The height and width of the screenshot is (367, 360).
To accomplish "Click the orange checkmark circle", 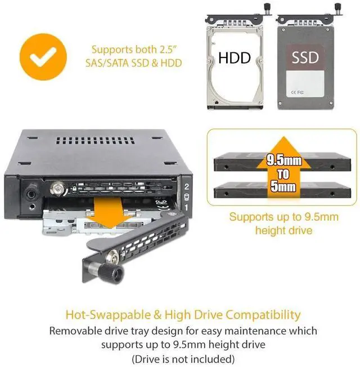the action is (43, 57).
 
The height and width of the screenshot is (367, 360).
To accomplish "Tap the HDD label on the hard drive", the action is (235, 57).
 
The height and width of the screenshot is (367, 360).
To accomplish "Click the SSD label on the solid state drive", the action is (305, 57).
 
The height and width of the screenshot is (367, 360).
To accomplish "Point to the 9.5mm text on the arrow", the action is (284, 160).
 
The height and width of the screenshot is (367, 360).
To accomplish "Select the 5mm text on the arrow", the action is (283, 186).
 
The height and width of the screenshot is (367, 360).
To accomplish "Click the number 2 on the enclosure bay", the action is (186, 187).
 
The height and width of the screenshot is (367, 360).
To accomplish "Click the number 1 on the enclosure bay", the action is (186, 208).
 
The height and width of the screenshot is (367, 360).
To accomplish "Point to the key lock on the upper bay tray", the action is (56, 189).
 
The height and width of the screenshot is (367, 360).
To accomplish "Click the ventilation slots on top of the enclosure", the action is (95, 140).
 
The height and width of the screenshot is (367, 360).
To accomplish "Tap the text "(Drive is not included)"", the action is (183, 359).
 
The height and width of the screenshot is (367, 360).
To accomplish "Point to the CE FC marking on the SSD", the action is (297, 92).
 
